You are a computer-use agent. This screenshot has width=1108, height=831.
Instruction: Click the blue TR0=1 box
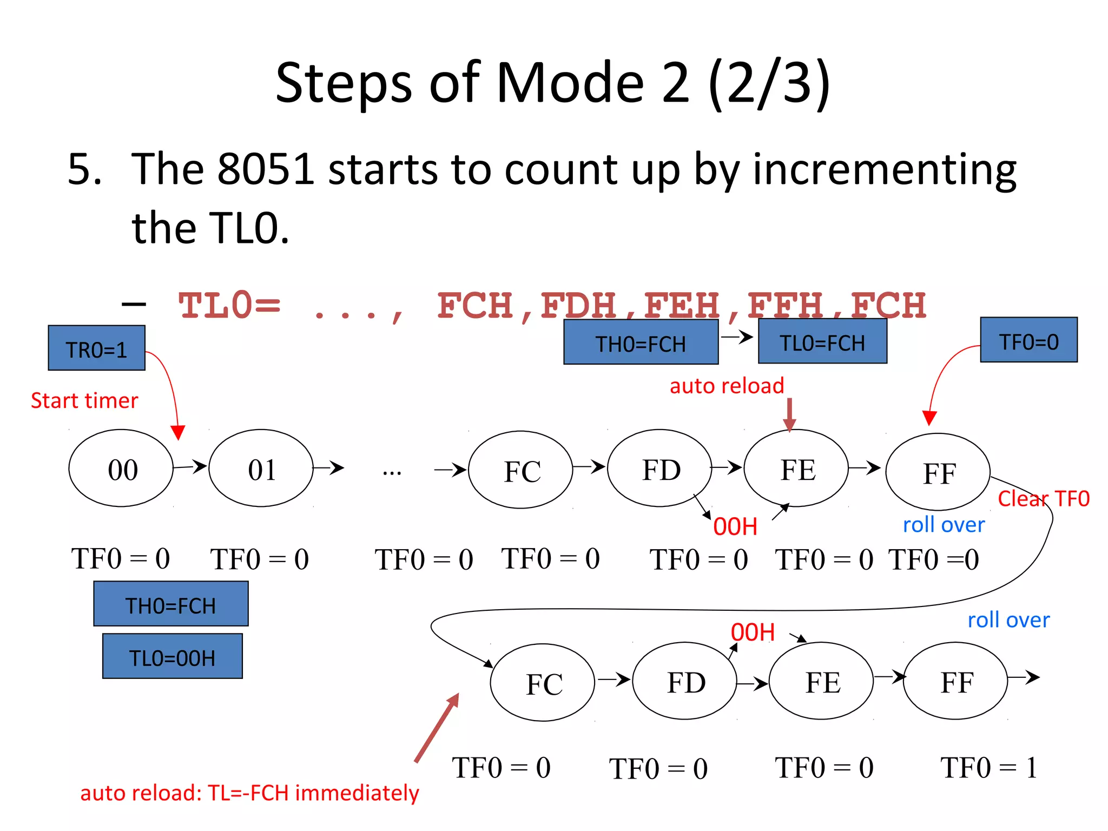(x=96, y=348)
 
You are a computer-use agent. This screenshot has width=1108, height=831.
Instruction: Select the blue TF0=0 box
(x=1028, y=340)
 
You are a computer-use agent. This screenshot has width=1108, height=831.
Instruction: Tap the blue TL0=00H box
(x=172, y=656)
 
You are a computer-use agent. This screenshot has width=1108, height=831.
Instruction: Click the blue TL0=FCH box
(x=822, y=341)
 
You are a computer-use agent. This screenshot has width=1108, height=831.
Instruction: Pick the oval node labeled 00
(x=121, y=469)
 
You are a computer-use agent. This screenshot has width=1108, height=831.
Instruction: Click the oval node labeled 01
(x=261, y=469)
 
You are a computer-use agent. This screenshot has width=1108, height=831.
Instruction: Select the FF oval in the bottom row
(x=955, y=681)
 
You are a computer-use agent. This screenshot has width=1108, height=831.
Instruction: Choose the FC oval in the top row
(x=520, y=470)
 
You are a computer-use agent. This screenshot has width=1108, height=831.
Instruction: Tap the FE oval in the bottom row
(x=821, y=681)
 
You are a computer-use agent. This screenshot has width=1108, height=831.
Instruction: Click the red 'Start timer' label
(x=84, y=401)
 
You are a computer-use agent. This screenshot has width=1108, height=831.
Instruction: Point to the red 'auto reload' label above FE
(x=727, y=386)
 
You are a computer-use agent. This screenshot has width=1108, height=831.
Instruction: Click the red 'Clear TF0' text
(x=1043, y=498)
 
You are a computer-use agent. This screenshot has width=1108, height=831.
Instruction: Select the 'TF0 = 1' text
(x=988, y=768)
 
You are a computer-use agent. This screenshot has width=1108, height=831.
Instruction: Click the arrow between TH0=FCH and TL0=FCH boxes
(x=737, y=338)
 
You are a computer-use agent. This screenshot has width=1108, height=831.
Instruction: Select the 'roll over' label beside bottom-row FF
(x=1008, y=620)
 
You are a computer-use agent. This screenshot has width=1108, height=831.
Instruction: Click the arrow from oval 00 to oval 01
(x=190, y=466)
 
